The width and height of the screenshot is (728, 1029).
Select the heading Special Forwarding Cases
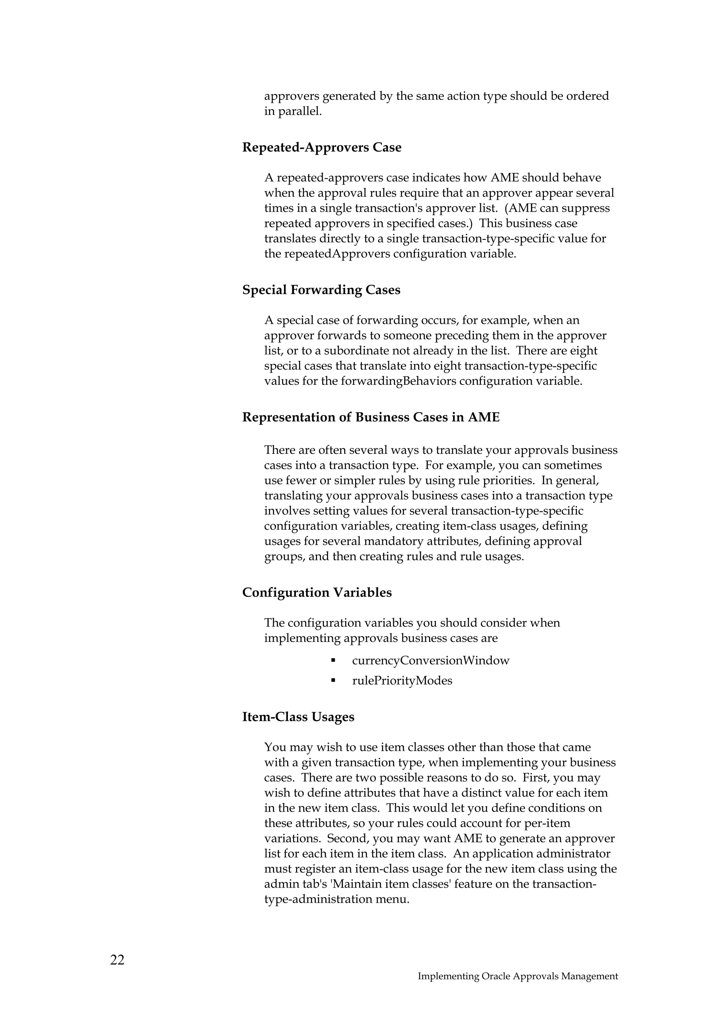(x=321, y=290)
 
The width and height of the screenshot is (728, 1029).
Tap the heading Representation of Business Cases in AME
(x=370, y=417)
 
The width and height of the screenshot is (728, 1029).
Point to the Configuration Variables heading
(x=317, y=593)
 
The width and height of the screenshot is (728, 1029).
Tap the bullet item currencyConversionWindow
(x=430, y=660)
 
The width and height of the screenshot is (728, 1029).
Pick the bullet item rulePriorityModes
(x=402, y=681)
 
